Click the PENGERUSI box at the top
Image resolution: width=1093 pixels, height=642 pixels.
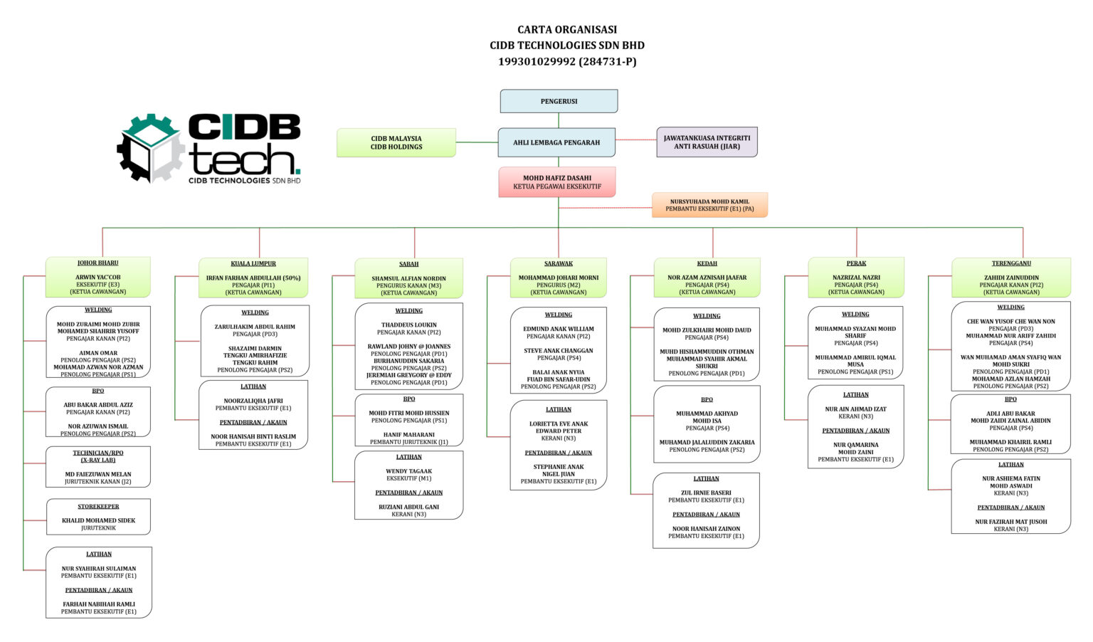[x=559, y=101]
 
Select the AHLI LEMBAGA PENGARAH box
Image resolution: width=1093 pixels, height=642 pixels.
[x=556, y=142]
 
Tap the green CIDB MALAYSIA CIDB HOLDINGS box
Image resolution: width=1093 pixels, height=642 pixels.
[x=396, y=143]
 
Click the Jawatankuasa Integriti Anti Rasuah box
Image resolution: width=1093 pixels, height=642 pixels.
[x=707, y=142]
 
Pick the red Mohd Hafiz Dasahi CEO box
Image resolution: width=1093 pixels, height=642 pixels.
[x=556, y=182]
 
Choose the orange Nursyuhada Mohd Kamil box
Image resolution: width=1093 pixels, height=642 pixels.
[x=709, y=205]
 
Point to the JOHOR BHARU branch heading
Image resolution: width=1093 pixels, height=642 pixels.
[x=98, y=263]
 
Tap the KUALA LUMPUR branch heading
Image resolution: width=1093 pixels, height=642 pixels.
[x=253, y=264]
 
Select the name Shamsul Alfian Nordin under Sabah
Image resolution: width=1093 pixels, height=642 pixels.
[x=408, y=279]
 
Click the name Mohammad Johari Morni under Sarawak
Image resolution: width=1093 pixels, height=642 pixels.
[x=559, y=278]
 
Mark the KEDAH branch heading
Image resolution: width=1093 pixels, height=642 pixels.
[x=707, y=264]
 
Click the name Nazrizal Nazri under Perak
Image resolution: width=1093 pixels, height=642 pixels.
[x=856, y=278]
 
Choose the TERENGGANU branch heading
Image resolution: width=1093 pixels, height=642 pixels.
[x=1011, y=264]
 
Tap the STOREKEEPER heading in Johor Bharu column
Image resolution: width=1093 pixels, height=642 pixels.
[x=98, y=507]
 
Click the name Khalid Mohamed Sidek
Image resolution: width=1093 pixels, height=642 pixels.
[x=98, y=521]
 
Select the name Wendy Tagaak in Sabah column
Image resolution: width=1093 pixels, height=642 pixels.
[x=408, y=471]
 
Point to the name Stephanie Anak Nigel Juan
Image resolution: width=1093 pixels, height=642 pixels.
[x=559, y=470]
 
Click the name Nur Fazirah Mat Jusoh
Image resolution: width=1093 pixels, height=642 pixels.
[x=1011, y=522]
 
